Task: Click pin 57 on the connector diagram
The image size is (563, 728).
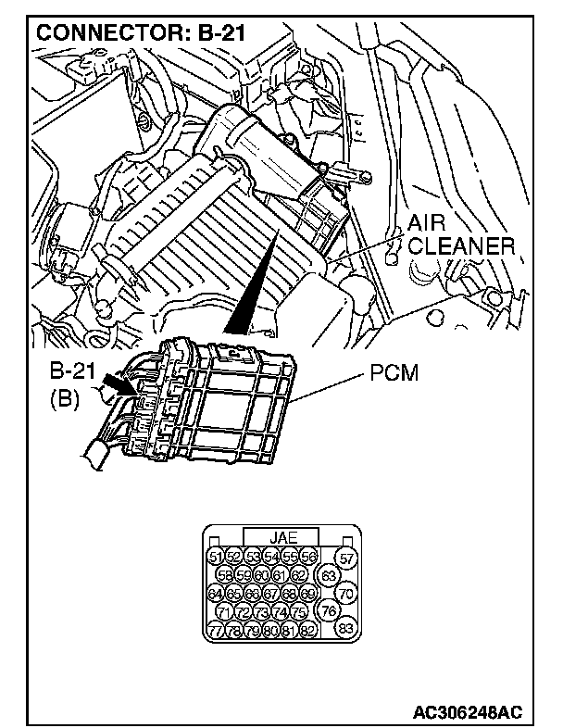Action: pos(346,558)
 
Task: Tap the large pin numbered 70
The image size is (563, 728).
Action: pos(346,594)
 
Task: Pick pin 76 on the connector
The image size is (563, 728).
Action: pos(327,611)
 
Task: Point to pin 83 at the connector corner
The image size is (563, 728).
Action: pos(346,630)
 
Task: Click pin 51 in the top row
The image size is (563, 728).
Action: pos(216,557)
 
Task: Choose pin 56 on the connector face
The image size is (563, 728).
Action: pos(309,557)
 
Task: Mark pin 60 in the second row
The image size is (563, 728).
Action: pos(262,575)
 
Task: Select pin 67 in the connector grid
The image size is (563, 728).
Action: pos(271,594)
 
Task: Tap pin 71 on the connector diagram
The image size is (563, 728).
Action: pos(224,612)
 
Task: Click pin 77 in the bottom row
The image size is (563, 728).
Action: pos(216,630)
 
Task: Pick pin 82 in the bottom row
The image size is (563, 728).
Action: pos(309,630)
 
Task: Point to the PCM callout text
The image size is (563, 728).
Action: pos(395,374)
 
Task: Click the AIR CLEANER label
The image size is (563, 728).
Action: pos(460,236)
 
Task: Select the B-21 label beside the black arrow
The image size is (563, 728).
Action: pos(72,374)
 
